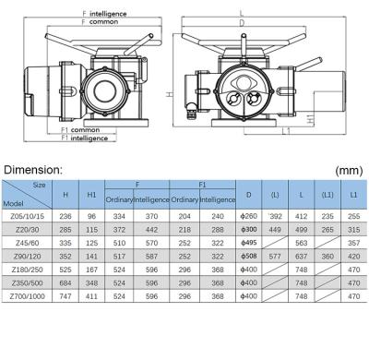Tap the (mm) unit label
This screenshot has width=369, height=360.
click(x=349, y=170)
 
